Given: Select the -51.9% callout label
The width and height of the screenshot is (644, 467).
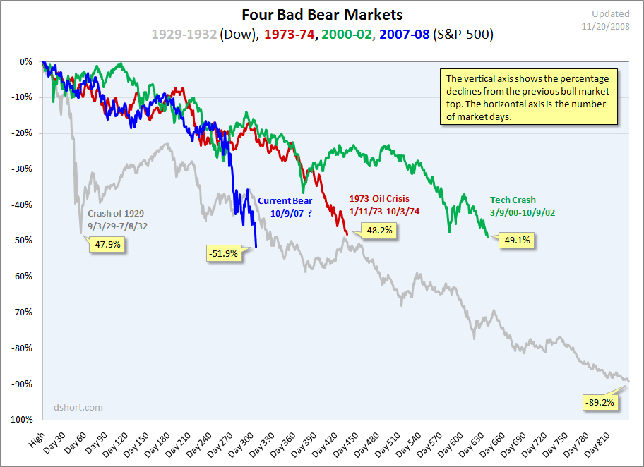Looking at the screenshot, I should tap(223, 253).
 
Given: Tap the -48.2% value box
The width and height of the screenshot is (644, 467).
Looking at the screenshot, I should tap(379, 229).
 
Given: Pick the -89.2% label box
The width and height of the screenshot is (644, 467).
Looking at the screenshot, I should tap(600, 403).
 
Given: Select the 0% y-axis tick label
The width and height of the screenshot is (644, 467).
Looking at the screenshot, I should tap(26, 62).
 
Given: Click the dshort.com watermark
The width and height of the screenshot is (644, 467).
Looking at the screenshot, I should tap(78, 407).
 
